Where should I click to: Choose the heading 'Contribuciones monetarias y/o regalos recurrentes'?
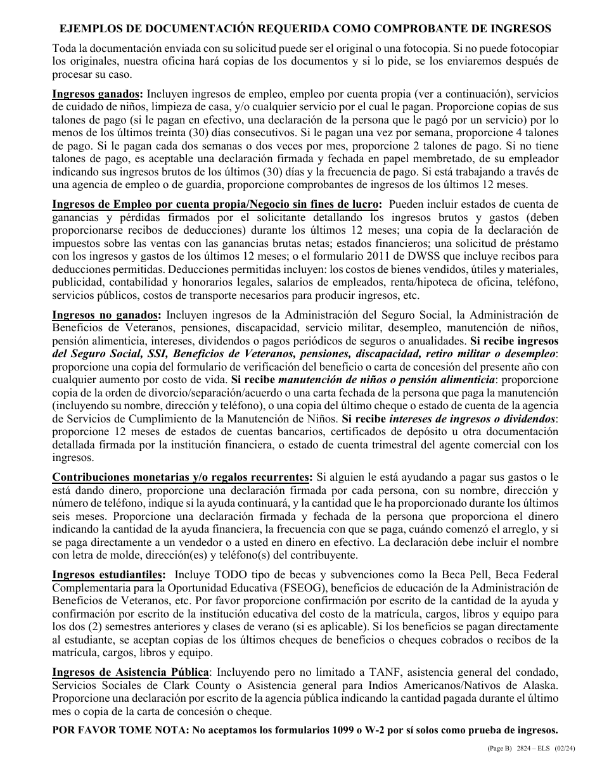tap(182, 477)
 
